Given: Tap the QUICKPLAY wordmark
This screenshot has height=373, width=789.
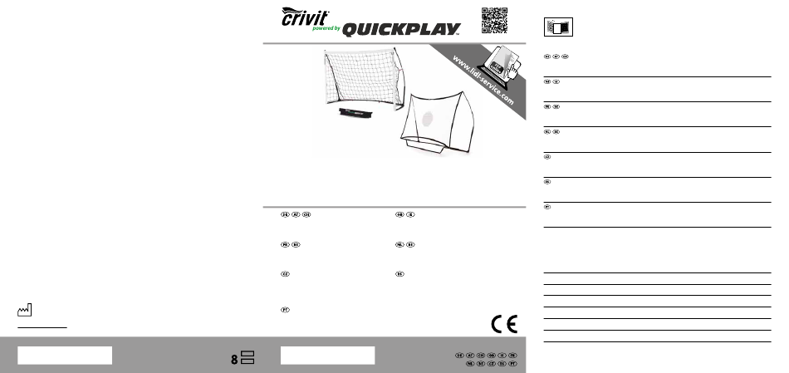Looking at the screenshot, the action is (x=401, y=30).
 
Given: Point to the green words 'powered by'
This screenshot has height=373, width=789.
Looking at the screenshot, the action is (x=326, y=27).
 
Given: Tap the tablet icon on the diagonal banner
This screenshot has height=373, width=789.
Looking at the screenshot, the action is (x=500, y=61).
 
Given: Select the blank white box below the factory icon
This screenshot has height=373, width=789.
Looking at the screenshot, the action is (x=64, y=355).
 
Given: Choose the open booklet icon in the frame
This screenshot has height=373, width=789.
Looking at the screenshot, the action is (x=558, y=27).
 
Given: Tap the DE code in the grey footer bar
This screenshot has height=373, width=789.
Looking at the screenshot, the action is (x=459, y=356).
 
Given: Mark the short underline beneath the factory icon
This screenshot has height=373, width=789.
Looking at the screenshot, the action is (x=42, y=328).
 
